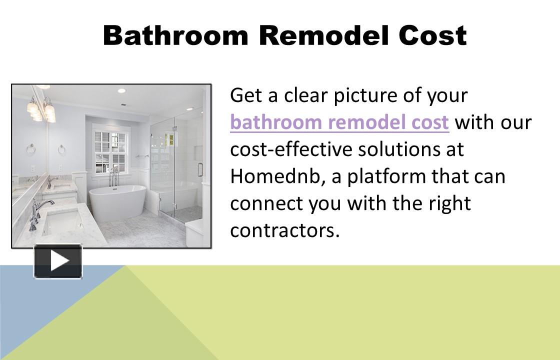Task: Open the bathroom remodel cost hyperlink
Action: [339, 122]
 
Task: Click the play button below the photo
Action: [58, 261]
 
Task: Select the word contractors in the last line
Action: [284, 230]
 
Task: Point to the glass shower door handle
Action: [199, 170]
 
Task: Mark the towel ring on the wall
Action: [62, 149]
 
